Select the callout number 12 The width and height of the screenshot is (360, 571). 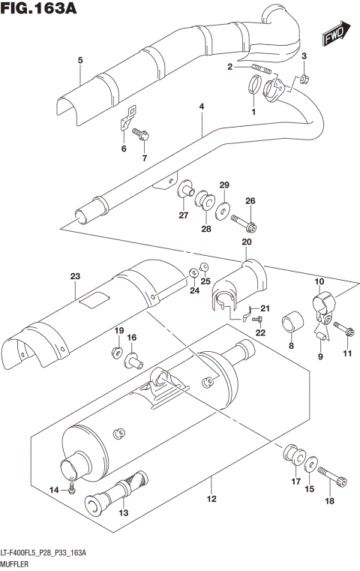211,499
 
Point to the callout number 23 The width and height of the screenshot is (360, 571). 74,277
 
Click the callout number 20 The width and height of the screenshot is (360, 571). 245,242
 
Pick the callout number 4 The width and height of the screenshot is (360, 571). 201,107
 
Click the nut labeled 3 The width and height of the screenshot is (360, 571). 305,77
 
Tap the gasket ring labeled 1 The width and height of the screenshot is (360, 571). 253,93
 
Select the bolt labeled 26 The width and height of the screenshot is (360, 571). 244,222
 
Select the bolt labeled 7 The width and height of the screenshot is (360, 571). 142,136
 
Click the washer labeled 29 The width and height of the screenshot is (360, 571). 224,206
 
